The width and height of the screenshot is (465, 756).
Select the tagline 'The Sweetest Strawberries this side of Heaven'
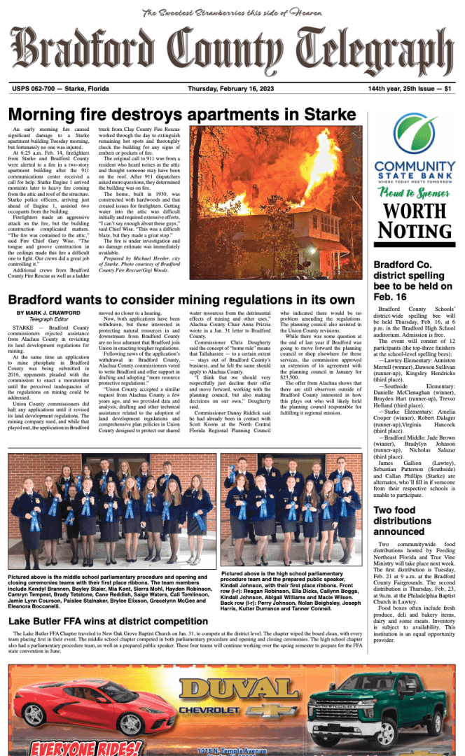tap(232, 13)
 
